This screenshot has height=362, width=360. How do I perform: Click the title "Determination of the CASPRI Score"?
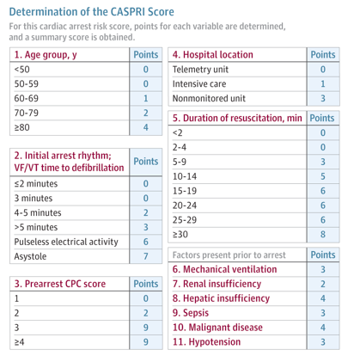pyautogui.click(x=91, y=12)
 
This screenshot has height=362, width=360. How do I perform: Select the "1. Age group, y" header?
pyautogui.click(x=46, y=54)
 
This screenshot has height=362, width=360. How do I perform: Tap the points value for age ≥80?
pyautogui.click(x=146, y=127)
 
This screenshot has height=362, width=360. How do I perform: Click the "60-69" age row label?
pyautogui.click(x=26, y=98)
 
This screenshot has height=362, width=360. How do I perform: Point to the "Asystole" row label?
pyautogui.click(x=30, y=256)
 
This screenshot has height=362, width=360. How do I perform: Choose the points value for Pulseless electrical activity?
pyautogui.click(x=146, y=242)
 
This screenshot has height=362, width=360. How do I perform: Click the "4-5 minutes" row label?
pyautogui.click(x=38, y=212)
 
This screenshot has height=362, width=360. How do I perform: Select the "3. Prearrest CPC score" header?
pyautogui.click(x=60, y=284)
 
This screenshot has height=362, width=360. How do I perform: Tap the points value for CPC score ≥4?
pyautogui.click(x=146, y=342)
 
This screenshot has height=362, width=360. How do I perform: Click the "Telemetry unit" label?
pyautogui.click(x=200, y=70)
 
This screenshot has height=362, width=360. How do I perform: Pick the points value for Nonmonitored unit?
pyautogui.click(x=323, y=98)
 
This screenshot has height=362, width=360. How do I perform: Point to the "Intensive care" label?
pyautogui.click(x=199, y=83)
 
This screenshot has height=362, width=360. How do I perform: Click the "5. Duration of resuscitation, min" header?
pyautogui.click(x=237, y=118)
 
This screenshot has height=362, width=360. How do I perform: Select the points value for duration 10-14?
pyautogui.click(x=323, y=176)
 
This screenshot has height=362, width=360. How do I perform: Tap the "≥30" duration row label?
pyautogui.click(x=180, y=235)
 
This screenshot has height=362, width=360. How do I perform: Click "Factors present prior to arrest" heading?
pyautogui.click(x=229, y=255)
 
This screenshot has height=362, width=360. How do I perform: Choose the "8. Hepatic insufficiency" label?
pyautogui.click(x=221, y=298)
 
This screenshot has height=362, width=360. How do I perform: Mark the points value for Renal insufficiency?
pyautogui.click(x=323, y=284)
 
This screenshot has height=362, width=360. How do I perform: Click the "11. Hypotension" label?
pyautogui.click(x=206, y=342)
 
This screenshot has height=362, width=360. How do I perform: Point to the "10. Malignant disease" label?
pyautogui.click(x=217, y=328)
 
